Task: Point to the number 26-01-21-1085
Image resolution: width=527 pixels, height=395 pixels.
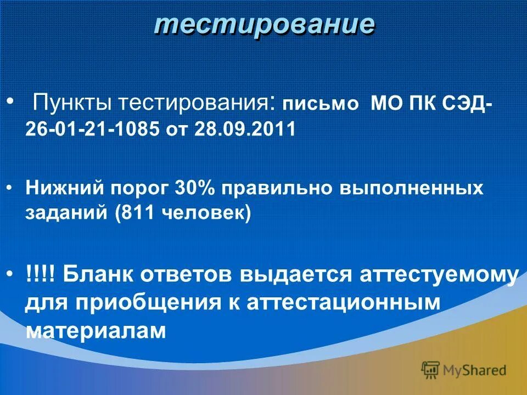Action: point(93,129)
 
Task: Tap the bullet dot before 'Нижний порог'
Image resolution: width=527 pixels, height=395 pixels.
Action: point(12,188)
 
